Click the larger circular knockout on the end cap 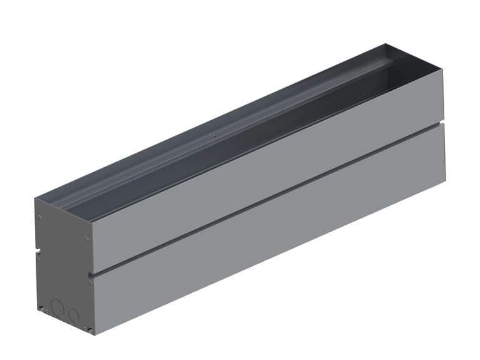coord(57,307)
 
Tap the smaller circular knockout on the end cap coord(74,314)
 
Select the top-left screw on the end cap coord(40,217)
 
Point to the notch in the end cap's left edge coord(37,254)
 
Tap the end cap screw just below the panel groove coord(91,282)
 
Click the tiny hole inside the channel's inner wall coord(215,136)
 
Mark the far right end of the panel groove coord(443,123)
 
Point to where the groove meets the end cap coord(92,274)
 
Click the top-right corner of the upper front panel coord(442,70)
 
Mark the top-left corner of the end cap coord(35,199)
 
